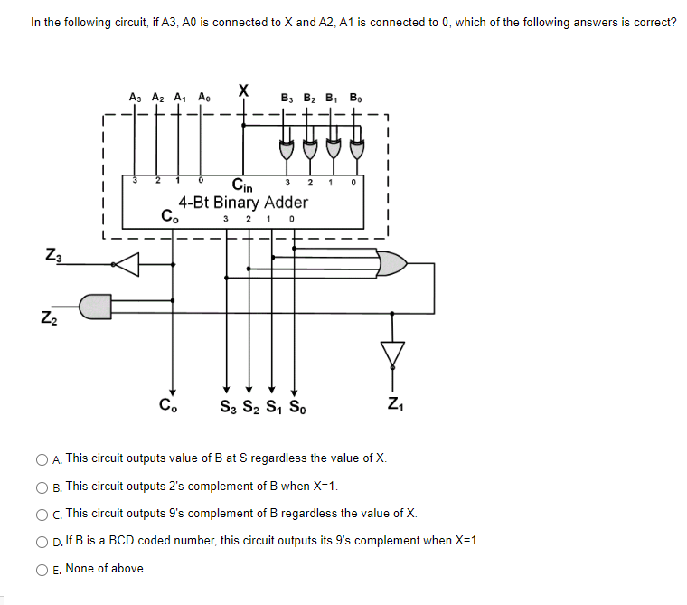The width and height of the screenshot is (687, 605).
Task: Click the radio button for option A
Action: (x=42, y=459)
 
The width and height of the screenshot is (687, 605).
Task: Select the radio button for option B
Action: (x=42, y=487)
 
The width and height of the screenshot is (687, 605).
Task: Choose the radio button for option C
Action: (x=42, y=514)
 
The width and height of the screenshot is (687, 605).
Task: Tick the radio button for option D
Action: (x=42, y=541)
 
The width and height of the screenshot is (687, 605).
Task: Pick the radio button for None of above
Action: (x=42, y=569)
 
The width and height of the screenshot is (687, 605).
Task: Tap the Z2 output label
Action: (x=45, y=319)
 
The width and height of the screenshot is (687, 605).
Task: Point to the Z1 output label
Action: (x=393, y=402)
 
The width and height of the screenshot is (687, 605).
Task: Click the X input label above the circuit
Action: (x=243, y=89)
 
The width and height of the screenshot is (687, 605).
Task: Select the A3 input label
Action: (x=136, y=96)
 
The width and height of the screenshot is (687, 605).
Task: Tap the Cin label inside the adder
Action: (x=241, y=184)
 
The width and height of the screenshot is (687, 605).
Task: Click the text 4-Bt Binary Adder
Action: (x=242, y=202)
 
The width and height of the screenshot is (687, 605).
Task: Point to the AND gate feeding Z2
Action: (x=97, y=306)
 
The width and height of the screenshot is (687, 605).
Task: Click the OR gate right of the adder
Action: (x=391, y=264)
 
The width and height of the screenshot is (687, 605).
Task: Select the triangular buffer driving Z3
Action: (x=127, y=264)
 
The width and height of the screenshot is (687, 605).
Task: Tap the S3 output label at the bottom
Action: (x=228, y=406)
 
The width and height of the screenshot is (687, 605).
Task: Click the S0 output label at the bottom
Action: (x=295, y=406)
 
